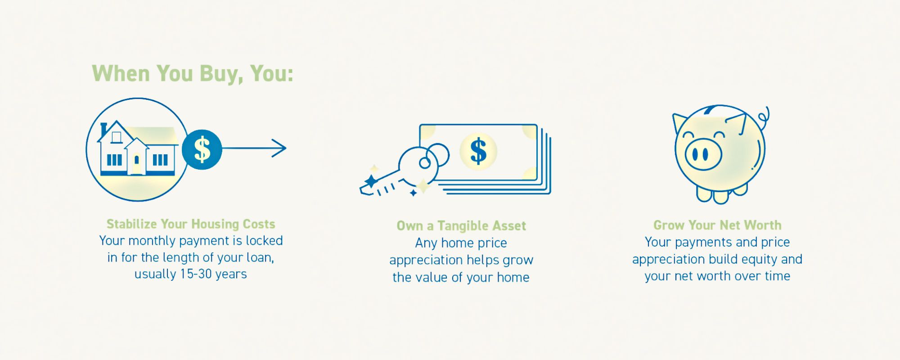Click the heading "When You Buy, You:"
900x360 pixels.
[x=193, y=74]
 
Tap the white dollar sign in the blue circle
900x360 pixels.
[x=202, y=149]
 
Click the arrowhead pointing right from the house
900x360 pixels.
[x=279, y=148]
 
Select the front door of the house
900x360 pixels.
[x=136, y=163]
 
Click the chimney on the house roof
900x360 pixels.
[x=103, y=130]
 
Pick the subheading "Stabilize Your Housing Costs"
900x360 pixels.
[x=191, y=224]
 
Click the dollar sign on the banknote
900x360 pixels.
[x=478, y=151]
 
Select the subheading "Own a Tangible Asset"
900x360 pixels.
[x=461, y=226]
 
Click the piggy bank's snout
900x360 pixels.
[x=703, y=154]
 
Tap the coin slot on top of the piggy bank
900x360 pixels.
[x=711, y=109]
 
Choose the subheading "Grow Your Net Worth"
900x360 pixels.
[x=717, y=225]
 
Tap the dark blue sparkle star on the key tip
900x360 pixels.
[x=371, y=181]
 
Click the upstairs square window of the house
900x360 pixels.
[x=117, y=137]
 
